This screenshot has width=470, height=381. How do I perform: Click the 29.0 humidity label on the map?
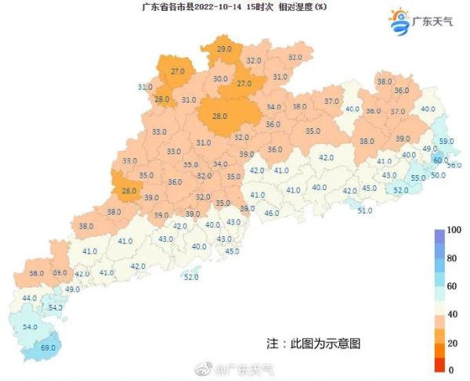tap(224, 49)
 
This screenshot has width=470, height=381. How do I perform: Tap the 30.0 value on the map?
tap(220, 79)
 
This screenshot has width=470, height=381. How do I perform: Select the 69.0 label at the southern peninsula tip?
tap(49, 346)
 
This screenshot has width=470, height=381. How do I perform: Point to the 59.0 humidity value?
tap(446, 141)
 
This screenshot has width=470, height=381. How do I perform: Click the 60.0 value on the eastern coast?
tap(440, 160)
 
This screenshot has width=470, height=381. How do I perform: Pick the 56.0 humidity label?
tap(454, 166)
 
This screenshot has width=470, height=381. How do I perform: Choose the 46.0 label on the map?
tap(272, 213)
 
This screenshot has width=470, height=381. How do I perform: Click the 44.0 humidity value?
tap(30, 298)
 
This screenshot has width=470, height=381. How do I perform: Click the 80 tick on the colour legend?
tap(451, 257)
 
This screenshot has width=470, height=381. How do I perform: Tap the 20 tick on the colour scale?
tap(451, 343)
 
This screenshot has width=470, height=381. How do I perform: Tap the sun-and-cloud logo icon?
tap(398, 20)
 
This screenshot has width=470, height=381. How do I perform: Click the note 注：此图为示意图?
tap(313, 343)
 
